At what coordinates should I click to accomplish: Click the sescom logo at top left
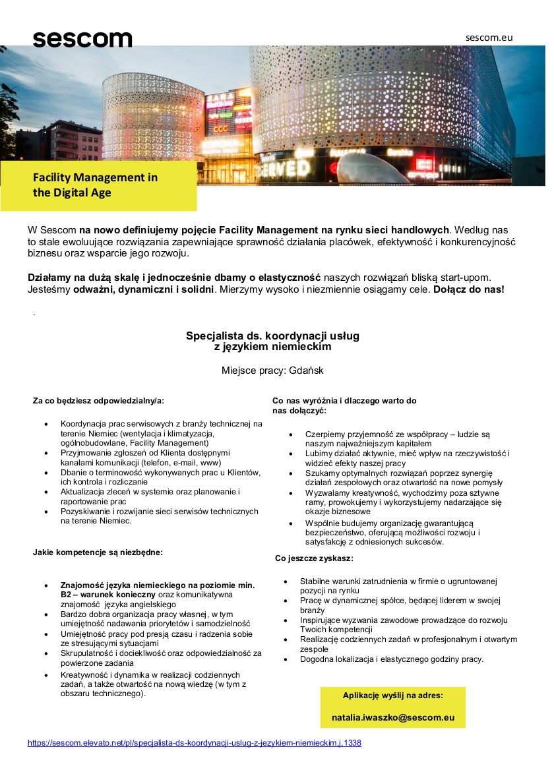tap(82, 39)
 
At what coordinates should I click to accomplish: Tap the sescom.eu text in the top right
tap(489, 38)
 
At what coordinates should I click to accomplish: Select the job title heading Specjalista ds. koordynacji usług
tap(272, 336)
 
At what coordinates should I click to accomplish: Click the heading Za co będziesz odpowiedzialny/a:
tap(98, 400)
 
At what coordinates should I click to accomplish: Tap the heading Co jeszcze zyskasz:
tap(314, 558)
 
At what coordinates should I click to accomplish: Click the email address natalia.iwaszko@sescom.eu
tap(393, 718)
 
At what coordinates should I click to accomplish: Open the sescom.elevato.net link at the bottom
tap(194, 743)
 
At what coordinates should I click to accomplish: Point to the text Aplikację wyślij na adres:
tap(393, 696)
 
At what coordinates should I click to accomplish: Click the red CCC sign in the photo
tap(221, 129)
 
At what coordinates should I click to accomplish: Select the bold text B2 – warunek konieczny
tap(104, 594)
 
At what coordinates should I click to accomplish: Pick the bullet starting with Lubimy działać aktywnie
tap(407, 458)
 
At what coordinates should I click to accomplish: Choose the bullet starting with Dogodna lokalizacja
tap(392, 659)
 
